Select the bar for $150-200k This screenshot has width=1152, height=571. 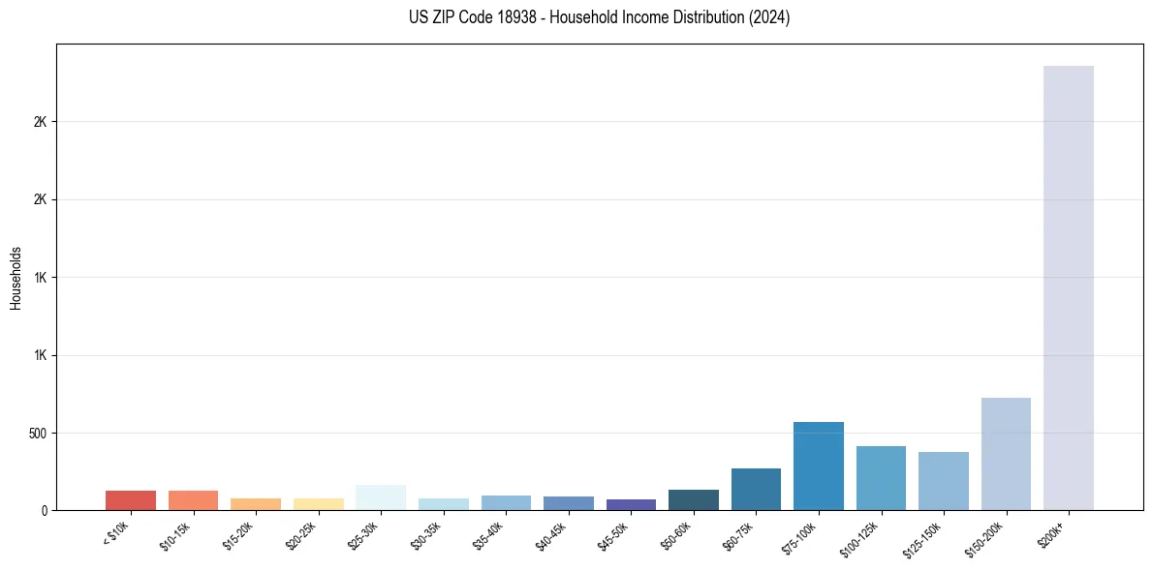click(x=1006, y=454)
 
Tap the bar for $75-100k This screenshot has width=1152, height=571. click(x=818, y=466)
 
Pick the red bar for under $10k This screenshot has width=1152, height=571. click(x=131, y=500)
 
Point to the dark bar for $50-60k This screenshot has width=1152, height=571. click(x=694, y=499)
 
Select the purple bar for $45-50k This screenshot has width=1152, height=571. click(x=631, y=504)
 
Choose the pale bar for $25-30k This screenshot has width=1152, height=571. click(x=381, y=497)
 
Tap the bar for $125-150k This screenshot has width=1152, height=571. click(x=943, y=481)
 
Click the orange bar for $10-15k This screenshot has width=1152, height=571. click(x=193, y=500)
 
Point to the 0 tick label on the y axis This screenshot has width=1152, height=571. click(x=45, y=510)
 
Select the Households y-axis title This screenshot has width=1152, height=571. click(x=16, y=277)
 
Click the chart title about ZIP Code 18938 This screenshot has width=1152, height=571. click(x=600, y=17)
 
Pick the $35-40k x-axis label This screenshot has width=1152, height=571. click(x=489, y=535)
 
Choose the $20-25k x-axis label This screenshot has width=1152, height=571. click(x=301, y=535)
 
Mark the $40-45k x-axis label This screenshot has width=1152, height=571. click(x=551, y=535)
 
